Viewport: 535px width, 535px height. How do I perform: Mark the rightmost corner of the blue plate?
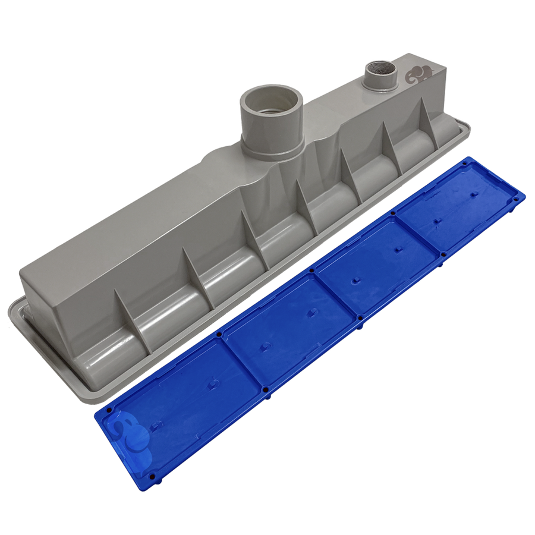[525, 196]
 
